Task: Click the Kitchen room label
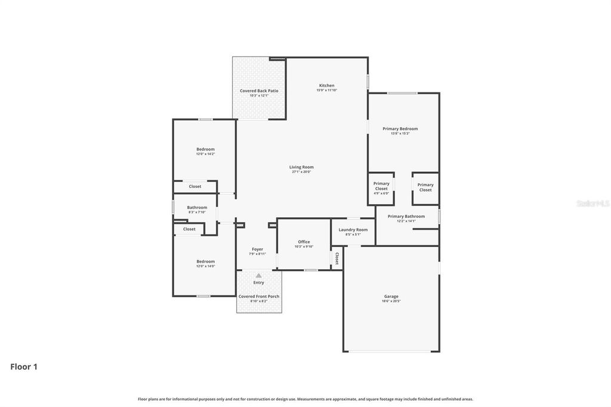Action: tap(326, 85)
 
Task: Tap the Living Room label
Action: tap(301, 167)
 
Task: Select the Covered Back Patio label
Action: tap(259, 91)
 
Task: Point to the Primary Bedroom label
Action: tap(400, 128)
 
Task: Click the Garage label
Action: tap(391, 296)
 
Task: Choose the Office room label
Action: tap(304, 242)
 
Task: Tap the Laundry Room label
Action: tap(353, 230)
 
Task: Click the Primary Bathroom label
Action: tap(406, 216)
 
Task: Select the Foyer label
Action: tap(257, 249)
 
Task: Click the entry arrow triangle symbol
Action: tap(258, 275)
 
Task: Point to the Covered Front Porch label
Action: tap(259, 296)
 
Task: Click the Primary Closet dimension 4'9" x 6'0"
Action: tap(381, 193)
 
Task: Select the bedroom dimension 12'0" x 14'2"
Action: tap(205, 154)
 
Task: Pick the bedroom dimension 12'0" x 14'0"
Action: tap(205, 266)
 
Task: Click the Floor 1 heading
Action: tap(24, 367)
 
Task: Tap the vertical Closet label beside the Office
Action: tap(337, 258)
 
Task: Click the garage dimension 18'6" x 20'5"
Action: tap(391, 301)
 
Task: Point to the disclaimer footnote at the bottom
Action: tap(305, 399)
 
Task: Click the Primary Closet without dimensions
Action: tap(425, 187)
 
